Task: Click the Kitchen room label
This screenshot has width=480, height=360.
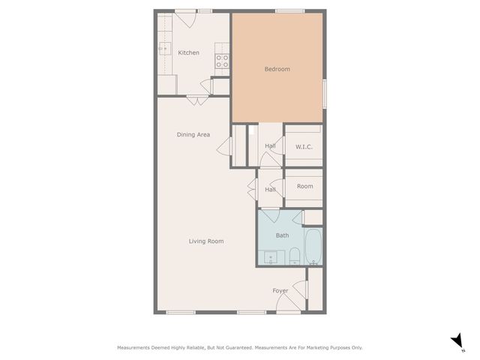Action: pos(189,52)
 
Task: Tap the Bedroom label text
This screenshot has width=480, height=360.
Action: pos(277,70)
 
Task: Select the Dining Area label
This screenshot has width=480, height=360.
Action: pos(193,135)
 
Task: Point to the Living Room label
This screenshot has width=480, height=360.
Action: pos(205,241)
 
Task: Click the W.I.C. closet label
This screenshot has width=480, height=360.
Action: pos(304,147)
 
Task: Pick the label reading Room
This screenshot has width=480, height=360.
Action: pos(304,187)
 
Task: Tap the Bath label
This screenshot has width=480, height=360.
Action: pos(282,235)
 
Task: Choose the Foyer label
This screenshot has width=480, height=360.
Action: pos(280,290)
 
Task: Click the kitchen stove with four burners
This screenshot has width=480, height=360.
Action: pos(222,61)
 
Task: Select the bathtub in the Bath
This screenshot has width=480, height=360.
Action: pos(313,247)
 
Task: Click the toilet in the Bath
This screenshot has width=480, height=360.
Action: pos(295,256)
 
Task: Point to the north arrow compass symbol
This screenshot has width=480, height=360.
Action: pos(457,342)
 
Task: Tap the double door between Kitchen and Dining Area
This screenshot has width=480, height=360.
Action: pos(197,98)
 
